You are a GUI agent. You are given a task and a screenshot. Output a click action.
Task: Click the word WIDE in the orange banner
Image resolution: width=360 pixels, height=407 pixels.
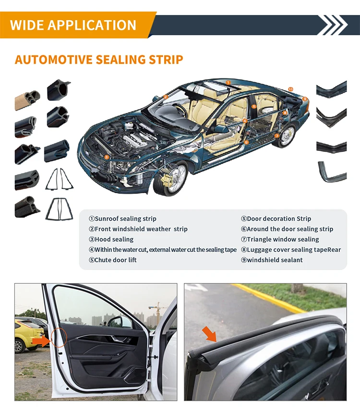(x=27, y=25)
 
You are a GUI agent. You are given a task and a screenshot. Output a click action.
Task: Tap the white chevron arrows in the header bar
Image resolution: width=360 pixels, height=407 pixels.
(x=333, y=25)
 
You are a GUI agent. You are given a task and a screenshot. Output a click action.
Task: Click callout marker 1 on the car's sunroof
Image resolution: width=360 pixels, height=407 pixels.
(x=228, y=83)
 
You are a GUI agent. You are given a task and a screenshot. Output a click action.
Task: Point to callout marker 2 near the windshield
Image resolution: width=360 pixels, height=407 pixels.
(x=166, y=97)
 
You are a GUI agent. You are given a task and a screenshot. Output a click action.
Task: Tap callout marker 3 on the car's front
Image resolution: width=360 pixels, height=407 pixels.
(x=107, y=157)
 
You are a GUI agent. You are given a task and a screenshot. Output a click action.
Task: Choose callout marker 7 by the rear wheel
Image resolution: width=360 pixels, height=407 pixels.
(x=277, y=136)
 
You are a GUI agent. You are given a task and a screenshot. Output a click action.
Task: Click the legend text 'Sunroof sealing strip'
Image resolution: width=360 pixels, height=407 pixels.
(x=126, y=219)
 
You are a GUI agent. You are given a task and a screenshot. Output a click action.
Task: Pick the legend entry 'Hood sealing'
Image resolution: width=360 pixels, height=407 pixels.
(x=114, y=239)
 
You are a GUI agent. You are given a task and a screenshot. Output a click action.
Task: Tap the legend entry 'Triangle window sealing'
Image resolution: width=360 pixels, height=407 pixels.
(x=283, y=239)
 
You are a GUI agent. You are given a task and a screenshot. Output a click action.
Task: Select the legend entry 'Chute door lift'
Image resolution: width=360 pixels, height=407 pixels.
(x=115, y=260)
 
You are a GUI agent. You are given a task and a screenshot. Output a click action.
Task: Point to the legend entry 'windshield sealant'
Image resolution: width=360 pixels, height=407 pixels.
(x=275, y=260)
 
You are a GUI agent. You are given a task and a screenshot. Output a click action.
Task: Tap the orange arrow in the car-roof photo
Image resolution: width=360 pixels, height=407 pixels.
(x=209, y=334)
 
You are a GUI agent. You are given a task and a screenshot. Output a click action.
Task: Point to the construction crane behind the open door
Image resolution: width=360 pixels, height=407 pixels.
(x=157, y=312)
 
